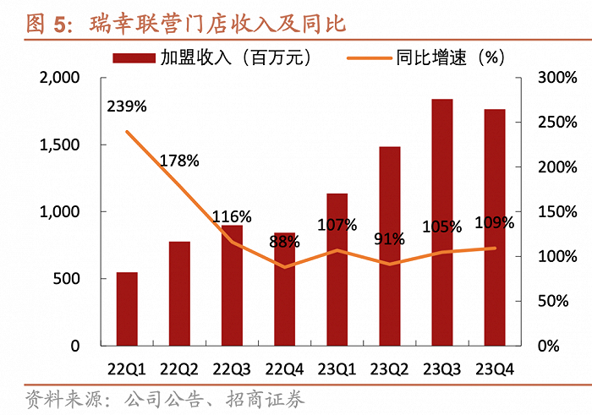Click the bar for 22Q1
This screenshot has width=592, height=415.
click(x=127, y=309)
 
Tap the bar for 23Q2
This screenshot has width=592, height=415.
click(x=390, y=246)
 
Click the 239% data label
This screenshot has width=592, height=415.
click(x=127, y=106)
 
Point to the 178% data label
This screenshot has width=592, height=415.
click(x=178, y=160)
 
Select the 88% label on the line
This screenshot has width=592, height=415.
click(x=284, y=242)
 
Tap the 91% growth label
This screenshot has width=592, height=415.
click(x=389, y=239)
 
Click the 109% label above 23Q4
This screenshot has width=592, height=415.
click(x=494, y=223)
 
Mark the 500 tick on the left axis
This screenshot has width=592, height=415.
click(x=69, y=279)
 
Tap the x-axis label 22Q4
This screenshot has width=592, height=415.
click(x=284, y=369)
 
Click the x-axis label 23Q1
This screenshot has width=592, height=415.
click(x=337, y=369)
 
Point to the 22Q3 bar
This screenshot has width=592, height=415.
click(x=232, y=286)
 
